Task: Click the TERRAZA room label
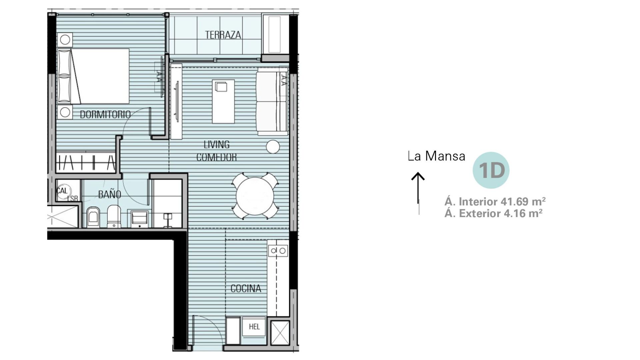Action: point(223,35)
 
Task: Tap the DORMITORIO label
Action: point(105,114)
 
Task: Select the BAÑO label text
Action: point(109,194)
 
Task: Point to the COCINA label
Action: point(246,288)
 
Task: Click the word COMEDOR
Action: point(216,157)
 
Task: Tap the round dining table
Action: point(255,196)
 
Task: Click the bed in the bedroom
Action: point(93,76)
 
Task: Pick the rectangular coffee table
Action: point(223,101)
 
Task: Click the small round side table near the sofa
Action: point(273,147)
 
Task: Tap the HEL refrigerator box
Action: point(254,326)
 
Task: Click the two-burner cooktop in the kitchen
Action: point(278,251)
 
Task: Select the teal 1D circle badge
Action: point(491,170)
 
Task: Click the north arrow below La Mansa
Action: point(418,193)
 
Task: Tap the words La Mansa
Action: point(437,156)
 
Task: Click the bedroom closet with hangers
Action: point(86,163)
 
